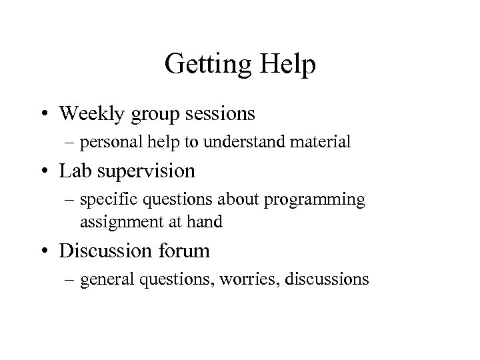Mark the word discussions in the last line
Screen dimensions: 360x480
click(327, 279)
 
